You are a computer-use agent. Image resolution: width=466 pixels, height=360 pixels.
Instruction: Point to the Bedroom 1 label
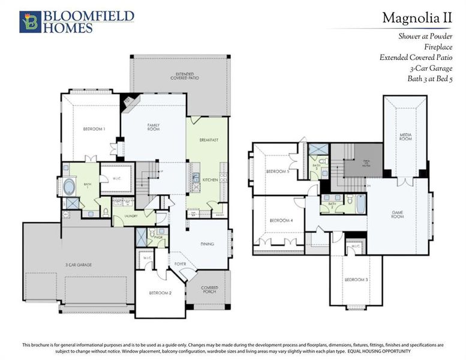click(94, 129)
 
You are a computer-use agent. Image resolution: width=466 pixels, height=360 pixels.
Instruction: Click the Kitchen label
click(209, 179)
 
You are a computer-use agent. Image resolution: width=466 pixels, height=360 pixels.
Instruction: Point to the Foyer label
click(181, 263)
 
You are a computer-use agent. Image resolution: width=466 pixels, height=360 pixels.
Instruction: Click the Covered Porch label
click(209, 290)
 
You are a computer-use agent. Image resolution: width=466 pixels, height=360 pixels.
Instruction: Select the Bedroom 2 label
click(160, 293)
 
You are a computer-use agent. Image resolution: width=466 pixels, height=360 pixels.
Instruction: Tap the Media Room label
click(406, 137)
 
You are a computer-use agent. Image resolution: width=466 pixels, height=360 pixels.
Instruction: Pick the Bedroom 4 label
click(281, 221)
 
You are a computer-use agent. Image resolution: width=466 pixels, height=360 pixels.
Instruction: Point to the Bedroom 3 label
click(356, 280)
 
